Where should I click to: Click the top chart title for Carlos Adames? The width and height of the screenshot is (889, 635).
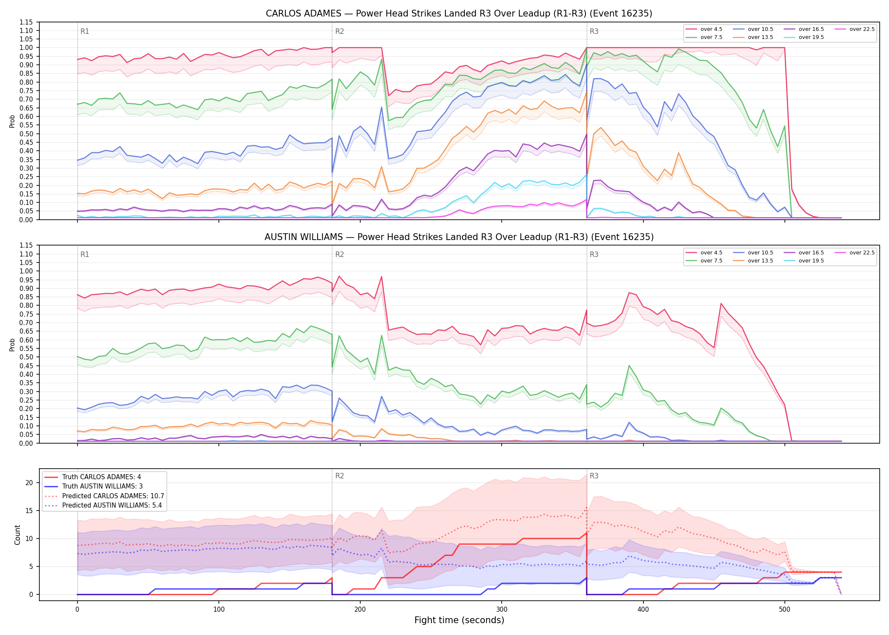pyautogui.click(x=459, y=14)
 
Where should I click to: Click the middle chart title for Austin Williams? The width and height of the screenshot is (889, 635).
pyautogui.click(x=459, y=237)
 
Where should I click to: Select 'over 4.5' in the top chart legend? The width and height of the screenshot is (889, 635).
pyautogui.click(x=711, y=29)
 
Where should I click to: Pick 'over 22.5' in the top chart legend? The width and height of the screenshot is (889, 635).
pyautogui.click(x=862, y=29)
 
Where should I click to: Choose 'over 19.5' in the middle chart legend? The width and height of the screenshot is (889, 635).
pyautogui.click(x=811, y=261)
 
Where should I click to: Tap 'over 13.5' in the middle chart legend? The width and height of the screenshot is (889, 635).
pyautogui.click(x=760, y=261)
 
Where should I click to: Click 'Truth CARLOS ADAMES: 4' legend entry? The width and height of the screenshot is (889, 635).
pyautogui.click(x=102, y=477)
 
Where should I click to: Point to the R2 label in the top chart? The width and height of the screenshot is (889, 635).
pyautogui.click(x=340, y=31)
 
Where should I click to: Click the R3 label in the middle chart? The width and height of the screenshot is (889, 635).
pyautogui.click(x=594, y=254)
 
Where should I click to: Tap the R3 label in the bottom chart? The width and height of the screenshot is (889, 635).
pyautogui.click(x=594, y=476)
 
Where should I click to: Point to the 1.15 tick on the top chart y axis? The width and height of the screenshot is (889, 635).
pyautogui.click(x=26, y=22)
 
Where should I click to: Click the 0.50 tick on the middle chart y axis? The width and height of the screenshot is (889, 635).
pyautogui.click(x=26, y=357)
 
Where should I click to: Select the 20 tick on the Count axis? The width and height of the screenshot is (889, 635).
pyautogui.click(x=29, y=483)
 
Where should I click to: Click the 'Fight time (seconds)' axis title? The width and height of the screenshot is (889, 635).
pyautogui.click(x=459, y=621)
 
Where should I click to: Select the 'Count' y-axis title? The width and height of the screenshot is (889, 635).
pyautogui.click(x=17, y=535)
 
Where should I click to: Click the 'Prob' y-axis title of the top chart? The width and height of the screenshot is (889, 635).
pyautogui.click(x=12, y=121)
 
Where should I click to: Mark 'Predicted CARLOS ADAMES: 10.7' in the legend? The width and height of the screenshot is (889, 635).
pyautogui.click(x=113, y=496)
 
